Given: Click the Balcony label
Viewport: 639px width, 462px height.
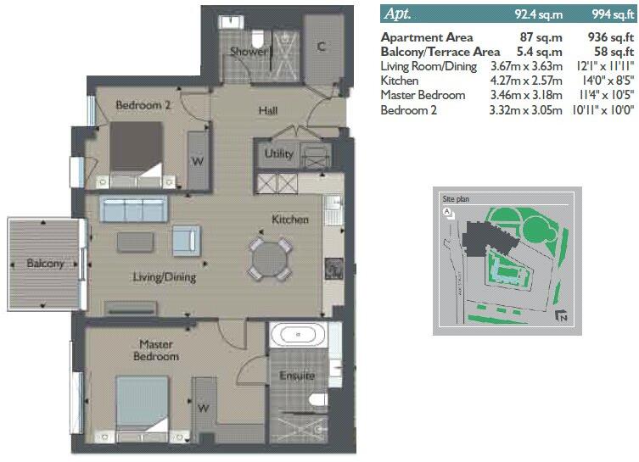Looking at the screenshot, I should click(45, 264).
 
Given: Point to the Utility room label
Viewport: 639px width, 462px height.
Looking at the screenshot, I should click(278, 154).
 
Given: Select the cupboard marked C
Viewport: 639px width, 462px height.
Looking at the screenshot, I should click(322, 47).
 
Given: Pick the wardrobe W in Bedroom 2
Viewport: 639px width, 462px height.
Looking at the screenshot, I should click(197, 159).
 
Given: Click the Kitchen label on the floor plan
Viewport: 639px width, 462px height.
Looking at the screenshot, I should click(289, 220).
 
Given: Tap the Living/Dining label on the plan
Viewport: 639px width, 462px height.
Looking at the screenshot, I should click(164, 277).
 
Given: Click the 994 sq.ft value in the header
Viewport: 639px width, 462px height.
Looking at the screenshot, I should click(610, 14).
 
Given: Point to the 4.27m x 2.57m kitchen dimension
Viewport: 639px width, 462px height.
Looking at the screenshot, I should click(526, 81).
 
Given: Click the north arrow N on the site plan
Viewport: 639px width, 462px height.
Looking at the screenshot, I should click(561, 317).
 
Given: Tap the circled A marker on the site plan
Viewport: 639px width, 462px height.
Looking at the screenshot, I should click(446, 213).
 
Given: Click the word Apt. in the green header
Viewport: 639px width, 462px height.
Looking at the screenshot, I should click(401, 13).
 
